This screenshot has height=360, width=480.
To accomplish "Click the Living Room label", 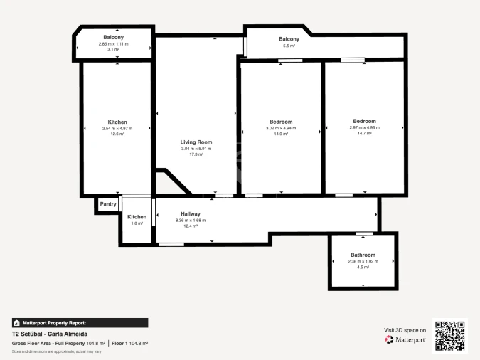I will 196,142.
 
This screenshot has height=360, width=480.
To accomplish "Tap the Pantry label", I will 108,204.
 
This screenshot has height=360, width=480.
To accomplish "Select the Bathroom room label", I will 363,255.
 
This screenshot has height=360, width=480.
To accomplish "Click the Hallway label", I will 190,213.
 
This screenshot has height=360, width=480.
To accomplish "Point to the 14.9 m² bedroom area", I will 280,134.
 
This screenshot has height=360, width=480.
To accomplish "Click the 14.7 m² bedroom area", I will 364,133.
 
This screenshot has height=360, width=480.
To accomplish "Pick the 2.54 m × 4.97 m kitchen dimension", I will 117,128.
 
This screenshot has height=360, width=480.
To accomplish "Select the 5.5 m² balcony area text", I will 289,46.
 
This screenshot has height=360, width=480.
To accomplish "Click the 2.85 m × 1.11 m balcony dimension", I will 113,43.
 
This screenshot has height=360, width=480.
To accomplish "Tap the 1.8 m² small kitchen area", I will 137,223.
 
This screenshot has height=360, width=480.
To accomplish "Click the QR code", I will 449,335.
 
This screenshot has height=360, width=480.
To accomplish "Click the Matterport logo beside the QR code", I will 405,339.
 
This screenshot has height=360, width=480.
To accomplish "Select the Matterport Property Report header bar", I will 80,322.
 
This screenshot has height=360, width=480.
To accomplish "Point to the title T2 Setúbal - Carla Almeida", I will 50,333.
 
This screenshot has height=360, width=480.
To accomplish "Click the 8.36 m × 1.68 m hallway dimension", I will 190,220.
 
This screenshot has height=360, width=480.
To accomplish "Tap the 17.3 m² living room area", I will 196,154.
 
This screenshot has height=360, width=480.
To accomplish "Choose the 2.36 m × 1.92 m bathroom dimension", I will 363,261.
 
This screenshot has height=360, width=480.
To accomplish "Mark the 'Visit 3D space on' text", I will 405,330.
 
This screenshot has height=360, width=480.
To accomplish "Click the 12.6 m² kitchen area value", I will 117,134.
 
